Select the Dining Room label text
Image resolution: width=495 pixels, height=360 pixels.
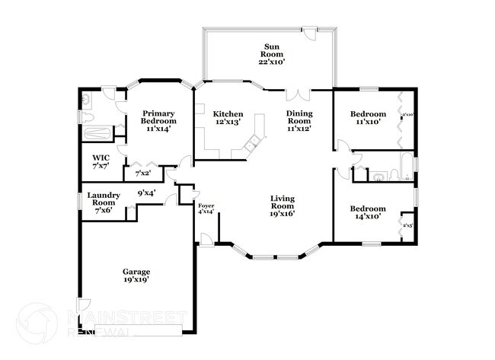click(299, 120)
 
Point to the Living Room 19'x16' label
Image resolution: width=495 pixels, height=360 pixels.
click(282, 205)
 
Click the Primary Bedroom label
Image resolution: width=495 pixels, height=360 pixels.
click(158, 120)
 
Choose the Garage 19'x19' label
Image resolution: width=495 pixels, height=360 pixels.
click(136, 276)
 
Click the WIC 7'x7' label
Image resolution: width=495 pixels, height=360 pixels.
click(101, 161)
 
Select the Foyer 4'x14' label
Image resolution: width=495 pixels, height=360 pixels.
click(206, 209)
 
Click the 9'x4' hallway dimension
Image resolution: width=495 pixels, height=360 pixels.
click(146, 193)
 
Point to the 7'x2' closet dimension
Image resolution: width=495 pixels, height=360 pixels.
click(142, 174)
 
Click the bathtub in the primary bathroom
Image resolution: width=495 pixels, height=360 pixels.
click(97, 135)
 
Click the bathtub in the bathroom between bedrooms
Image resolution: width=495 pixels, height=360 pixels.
click(407, 167)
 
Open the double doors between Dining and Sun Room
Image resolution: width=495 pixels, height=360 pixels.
click(299, 95)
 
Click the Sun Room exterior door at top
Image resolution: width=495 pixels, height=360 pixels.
click(309, 32)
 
